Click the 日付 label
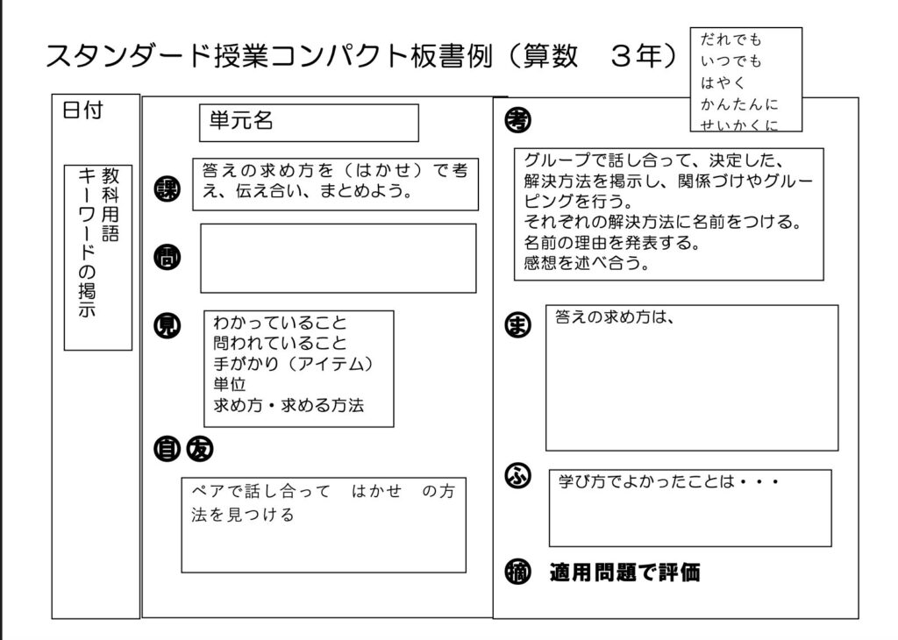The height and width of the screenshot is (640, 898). pos(83,111)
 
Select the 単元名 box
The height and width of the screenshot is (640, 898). pos(308,123)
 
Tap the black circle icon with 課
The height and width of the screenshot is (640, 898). pos(167,189)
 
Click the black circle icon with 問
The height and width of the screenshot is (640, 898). pos(167,258)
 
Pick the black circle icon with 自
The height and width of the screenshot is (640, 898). pos(166,448)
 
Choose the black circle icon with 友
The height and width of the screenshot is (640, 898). pos(199,448)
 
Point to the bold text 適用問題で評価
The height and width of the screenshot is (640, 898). pos(625,573)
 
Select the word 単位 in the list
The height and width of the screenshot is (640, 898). pos(229,385)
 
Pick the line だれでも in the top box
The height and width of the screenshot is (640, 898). pos(731,40)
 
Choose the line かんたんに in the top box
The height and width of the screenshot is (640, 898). pos(738,105)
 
